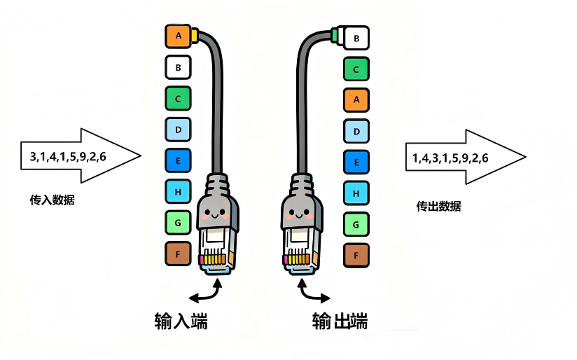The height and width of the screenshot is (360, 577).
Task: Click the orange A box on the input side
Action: (x=178, y=36)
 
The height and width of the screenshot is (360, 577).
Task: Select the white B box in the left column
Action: (x=178, y=67)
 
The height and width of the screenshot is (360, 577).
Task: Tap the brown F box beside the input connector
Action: (x=178, y=254)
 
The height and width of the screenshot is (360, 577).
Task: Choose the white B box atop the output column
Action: (x=356, y=39)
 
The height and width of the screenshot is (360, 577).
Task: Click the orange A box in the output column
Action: (x=356, y=100)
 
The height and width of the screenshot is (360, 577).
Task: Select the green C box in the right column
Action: (x=356, y=69)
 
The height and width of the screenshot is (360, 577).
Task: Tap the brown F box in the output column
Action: (x=356, y=256)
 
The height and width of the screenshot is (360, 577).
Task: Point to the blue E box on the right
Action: (x=356, y=162)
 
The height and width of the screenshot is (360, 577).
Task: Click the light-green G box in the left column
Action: (x=178, y=223)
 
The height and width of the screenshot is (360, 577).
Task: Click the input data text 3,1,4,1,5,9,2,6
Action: (x=68, y=156)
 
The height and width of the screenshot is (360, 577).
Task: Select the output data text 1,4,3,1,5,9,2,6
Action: (x=450, y=158)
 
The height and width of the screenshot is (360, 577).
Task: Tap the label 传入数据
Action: (x=52, y=200)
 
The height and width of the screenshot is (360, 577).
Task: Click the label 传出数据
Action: (x=438, y=206)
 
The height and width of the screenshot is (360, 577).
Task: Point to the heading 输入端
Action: (x=181, y=321)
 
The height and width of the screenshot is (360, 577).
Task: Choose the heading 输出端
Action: (x=340, y=321)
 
